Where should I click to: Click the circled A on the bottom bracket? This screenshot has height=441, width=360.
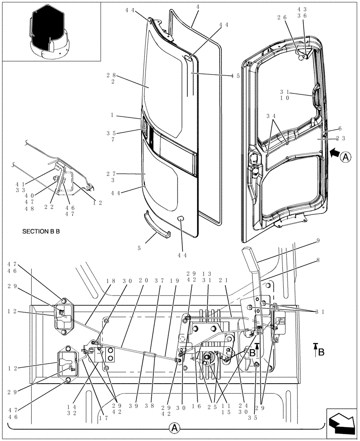point(176,428)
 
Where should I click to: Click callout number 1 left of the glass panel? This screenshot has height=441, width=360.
point(113,115)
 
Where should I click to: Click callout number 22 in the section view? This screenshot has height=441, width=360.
point(49,206)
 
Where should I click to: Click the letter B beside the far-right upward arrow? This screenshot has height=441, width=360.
point(321,351)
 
